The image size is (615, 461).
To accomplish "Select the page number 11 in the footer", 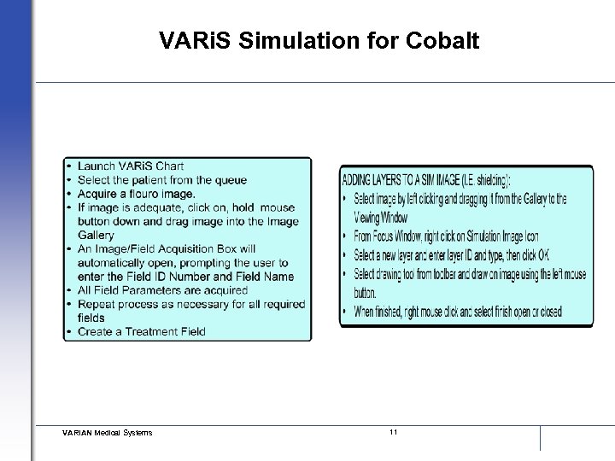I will pyautogui.click(x=393, y=432).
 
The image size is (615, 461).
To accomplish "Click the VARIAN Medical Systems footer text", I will pyautogui.click(x=107, y=433).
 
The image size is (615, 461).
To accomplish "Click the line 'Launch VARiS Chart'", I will pyautogui.click(x=130, y=166).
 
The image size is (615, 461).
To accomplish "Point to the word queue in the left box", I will pyautogui.click(x=231, y=179).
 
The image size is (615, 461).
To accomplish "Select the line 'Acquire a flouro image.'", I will pyautogui.click(x=136, y=193).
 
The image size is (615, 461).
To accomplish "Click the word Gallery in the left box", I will pyautogui.click(x=96, y=235).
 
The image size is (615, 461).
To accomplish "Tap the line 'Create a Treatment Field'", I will pyautogui.click(x=141, y=331).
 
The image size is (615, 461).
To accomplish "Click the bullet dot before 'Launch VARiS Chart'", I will pyautogui.click(x=68, y=166).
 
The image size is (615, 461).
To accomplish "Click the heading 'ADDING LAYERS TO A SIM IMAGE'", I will pyautogui.click(x=425, y=181).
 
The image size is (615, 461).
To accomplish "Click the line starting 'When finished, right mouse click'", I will pyautogui.click(x=457, y=312).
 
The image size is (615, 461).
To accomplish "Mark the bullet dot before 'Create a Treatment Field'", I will pyautogui.click(x=68, y=331).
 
